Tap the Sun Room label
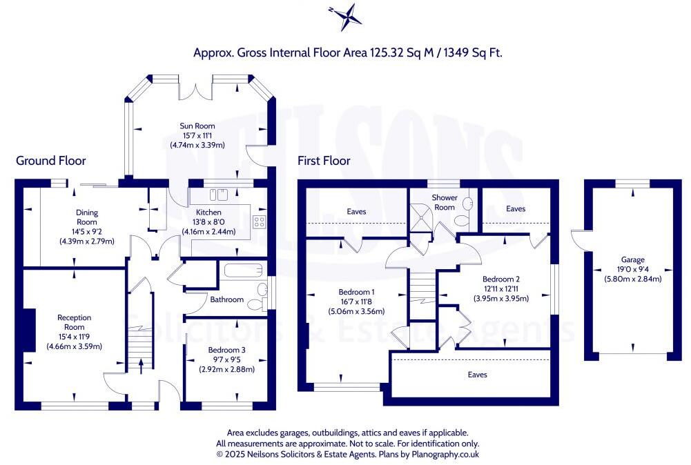click(x=197, y=126)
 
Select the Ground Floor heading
click(x=51, y=161)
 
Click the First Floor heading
click(x=324, y=161)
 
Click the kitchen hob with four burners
click(x=260, y=221)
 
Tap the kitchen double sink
click(x=218, y=194)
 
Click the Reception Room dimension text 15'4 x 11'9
click(x=74, y=337)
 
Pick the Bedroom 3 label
click(x=227, y=350)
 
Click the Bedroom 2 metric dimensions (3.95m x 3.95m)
click(x=500, y=299)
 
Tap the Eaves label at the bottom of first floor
click(x=477, y=375)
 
